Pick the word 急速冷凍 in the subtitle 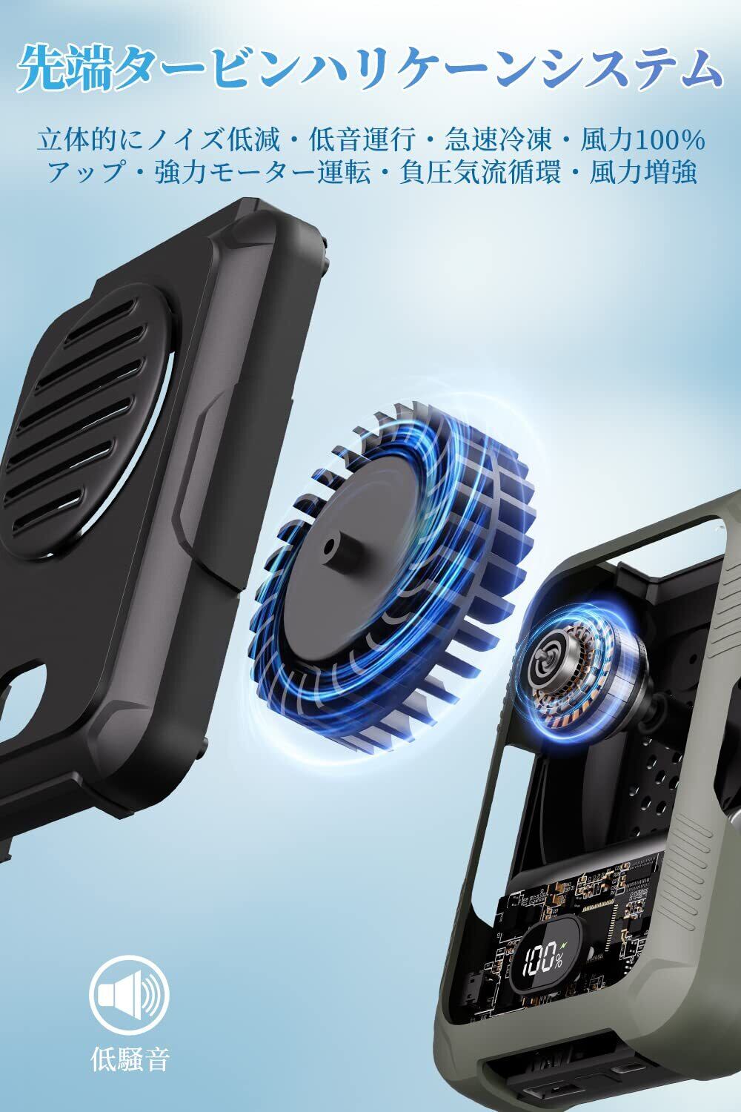click(x=498, y=140)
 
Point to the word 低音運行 click(x=362, y=140)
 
